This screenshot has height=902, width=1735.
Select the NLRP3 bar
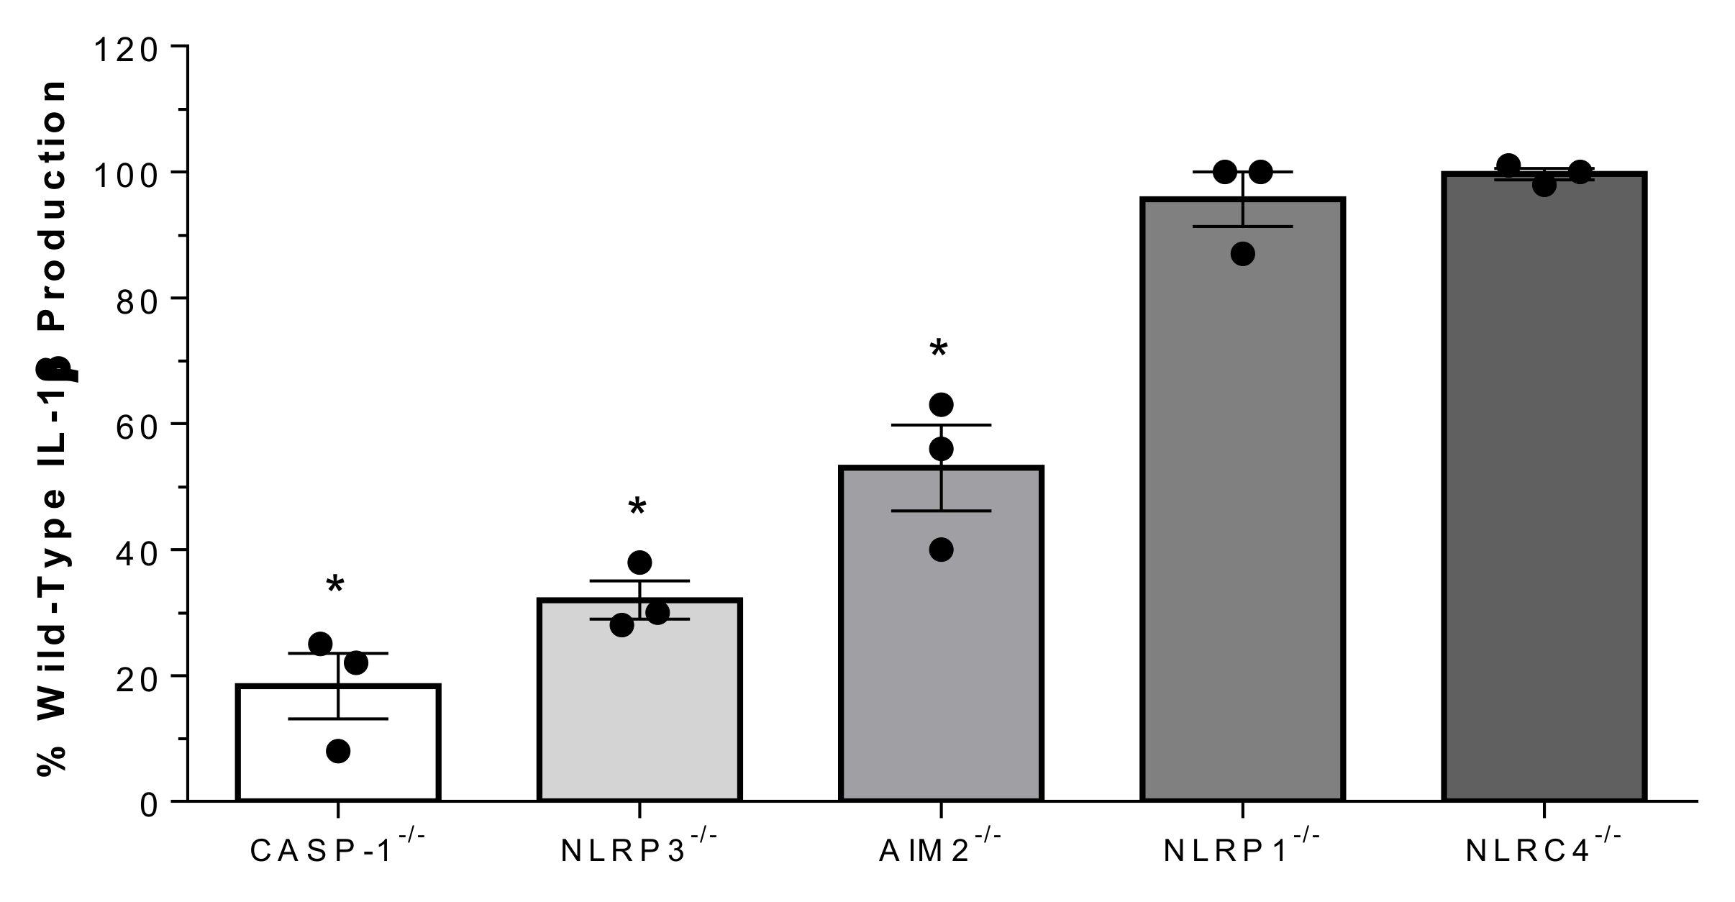coord(639,705)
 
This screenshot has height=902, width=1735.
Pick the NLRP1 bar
coord(1242,504)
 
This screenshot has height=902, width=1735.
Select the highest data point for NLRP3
coord(639,562)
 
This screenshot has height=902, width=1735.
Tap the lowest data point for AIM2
coord(941,550)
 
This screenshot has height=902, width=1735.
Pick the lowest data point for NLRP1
coord(1242,254)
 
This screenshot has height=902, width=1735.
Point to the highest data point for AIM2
coord(941,405)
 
